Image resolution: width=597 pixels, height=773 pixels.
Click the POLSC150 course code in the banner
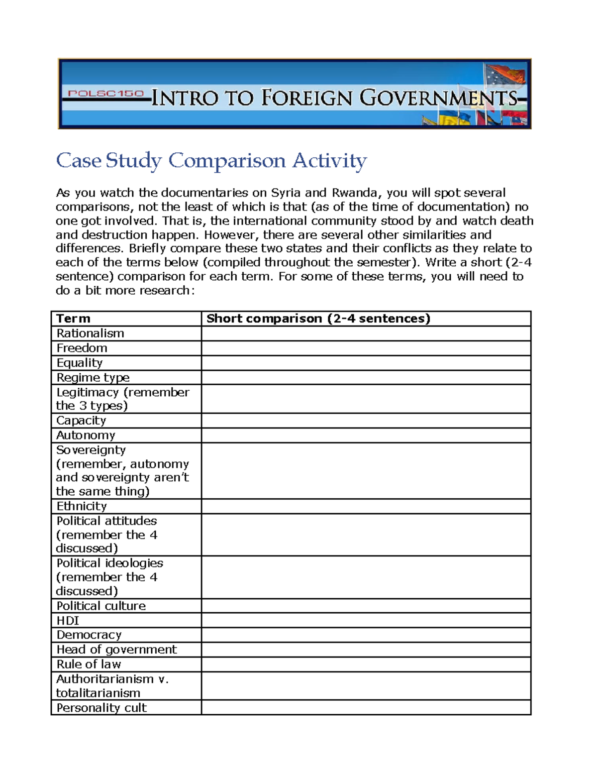106,94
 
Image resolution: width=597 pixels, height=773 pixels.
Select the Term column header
73,319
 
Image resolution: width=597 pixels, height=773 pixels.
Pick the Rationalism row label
90,333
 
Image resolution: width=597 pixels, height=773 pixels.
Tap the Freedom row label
82,348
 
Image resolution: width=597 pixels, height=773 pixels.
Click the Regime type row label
93,377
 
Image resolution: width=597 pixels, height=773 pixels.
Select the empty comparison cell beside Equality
366,363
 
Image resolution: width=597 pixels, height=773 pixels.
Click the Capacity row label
81,421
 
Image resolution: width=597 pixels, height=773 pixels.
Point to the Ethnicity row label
82,506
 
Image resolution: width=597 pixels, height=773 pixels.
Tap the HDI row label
68,620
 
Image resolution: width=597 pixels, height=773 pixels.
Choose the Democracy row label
89,635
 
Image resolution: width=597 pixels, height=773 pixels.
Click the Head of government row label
116,650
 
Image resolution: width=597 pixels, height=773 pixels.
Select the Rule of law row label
89,664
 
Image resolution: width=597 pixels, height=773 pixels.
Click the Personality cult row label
101,708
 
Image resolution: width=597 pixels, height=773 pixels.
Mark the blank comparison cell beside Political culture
366,606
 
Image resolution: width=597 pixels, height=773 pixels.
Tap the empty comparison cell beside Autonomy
366,436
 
